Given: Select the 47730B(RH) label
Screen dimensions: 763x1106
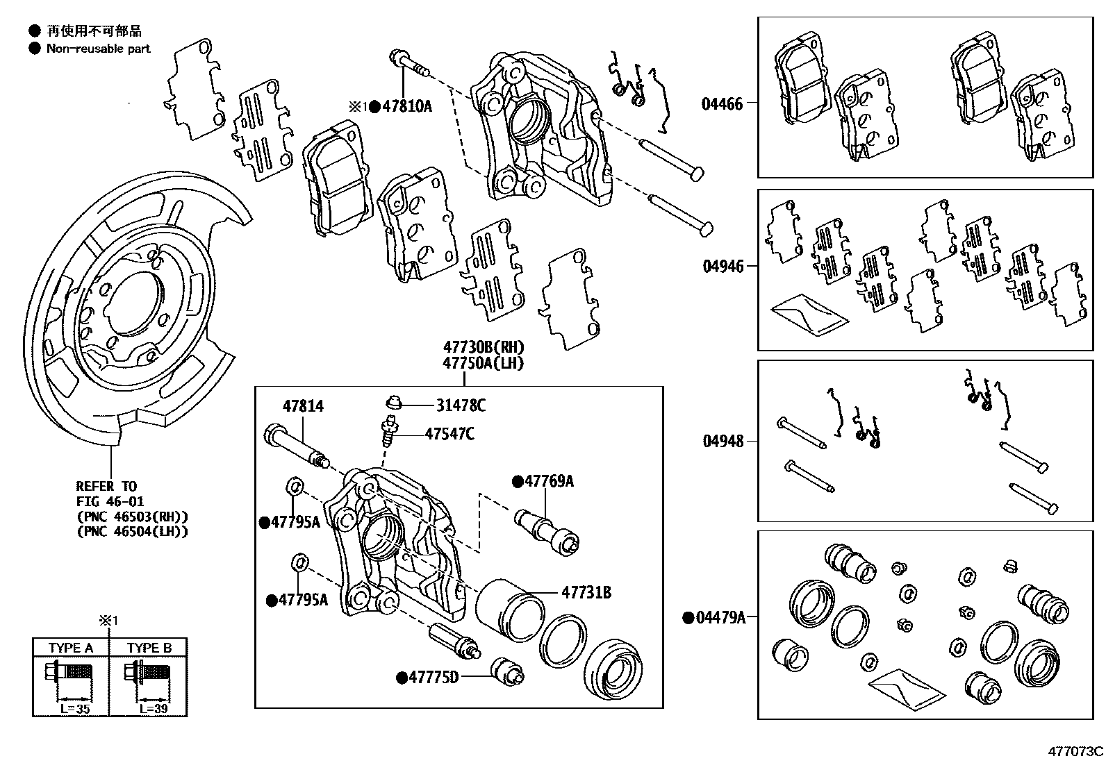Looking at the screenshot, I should (x=484, y=347).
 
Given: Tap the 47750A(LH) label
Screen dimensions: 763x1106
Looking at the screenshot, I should (x=484, y=363).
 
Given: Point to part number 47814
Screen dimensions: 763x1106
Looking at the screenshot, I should (x=302, y=406).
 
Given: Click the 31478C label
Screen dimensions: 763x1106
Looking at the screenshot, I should (x=461, y=405).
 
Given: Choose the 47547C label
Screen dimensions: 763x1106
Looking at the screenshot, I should (x=449, y=434).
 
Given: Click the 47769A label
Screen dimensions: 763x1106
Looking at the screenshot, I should (x=549, y=481).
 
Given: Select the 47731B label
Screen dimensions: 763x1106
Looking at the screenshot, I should (x=586, y=592).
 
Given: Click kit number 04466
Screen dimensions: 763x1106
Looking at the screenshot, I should (x=722, y=104).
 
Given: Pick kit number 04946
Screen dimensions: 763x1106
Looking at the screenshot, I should (x=723, y=266).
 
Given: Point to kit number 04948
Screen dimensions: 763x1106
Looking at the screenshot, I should (x=723, y=441).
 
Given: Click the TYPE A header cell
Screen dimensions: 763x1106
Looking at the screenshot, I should (x=71, y=648).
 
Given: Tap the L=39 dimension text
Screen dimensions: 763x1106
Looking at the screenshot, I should (x=154, y=710).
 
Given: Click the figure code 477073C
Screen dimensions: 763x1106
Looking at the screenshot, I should (x=1075, y=751).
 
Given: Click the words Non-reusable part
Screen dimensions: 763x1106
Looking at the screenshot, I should (x=98, y=49).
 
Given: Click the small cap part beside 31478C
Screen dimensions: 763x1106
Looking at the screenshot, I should (x=393, y=402).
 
